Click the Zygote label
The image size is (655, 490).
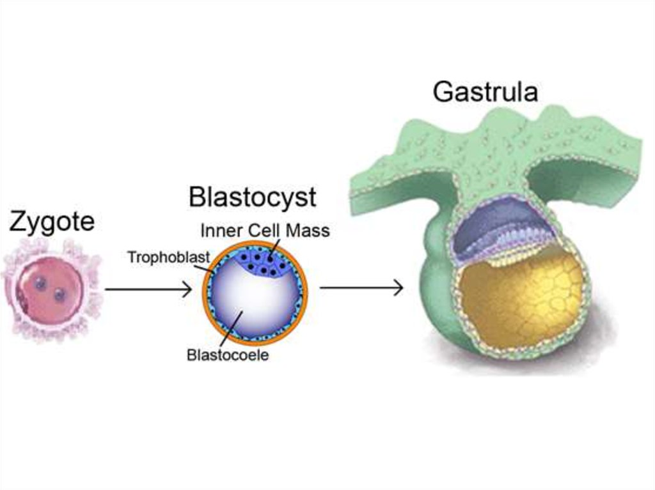pos(52,222)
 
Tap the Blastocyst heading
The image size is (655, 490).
pos(252,197)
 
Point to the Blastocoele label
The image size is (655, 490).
pos(228,355)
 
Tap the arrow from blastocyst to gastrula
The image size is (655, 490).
pos(361,288)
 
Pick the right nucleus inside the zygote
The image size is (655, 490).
pos(59,295)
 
